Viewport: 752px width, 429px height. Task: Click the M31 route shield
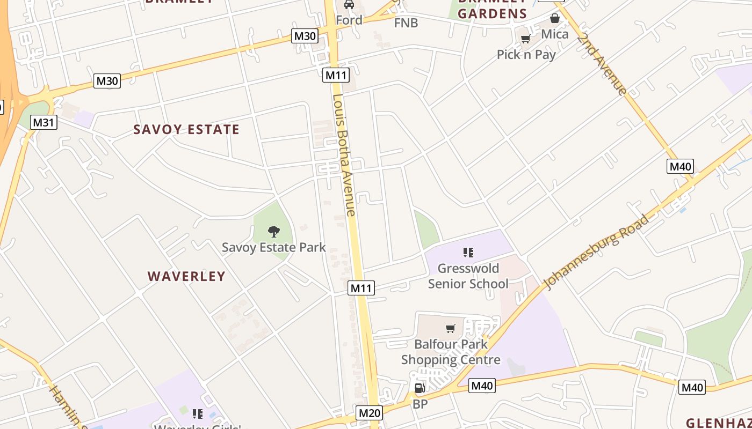point(44,122)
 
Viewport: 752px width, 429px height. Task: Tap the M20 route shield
point(369,412)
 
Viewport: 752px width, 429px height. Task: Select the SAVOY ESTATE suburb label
point(186,129)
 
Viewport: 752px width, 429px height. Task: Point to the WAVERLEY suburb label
point(186,276)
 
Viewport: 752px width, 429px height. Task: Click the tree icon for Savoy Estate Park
point(274,232)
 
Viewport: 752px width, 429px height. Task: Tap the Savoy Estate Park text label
point(274,247)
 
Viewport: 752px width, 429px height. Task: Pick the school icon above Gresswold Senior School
point(468,252)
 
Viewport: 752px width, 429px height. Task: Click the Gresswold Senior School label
point(468,276)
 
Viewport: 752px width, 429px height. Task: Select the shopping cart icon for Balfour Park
point(451,328)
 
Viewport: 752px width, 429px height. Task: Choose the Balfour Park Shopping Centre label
point(451,352)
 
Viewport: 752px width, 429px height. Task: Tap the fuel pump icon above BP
point(420,388)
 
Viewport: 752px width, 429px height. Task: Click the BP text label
point(420,404)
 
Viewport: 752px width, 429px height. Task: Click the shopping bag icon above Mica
point(555,19)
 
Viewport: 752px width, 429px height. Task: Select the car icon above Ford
point(349,5)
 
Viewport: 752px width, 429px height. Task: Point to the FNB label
point(406,23)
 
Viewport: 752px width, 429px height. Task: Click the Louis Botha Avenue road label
point(344,156)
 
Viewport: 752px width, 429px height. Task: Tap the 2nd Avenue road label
point(602,65)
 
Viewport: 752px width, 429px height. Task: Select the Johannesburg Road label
point(596,252)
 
